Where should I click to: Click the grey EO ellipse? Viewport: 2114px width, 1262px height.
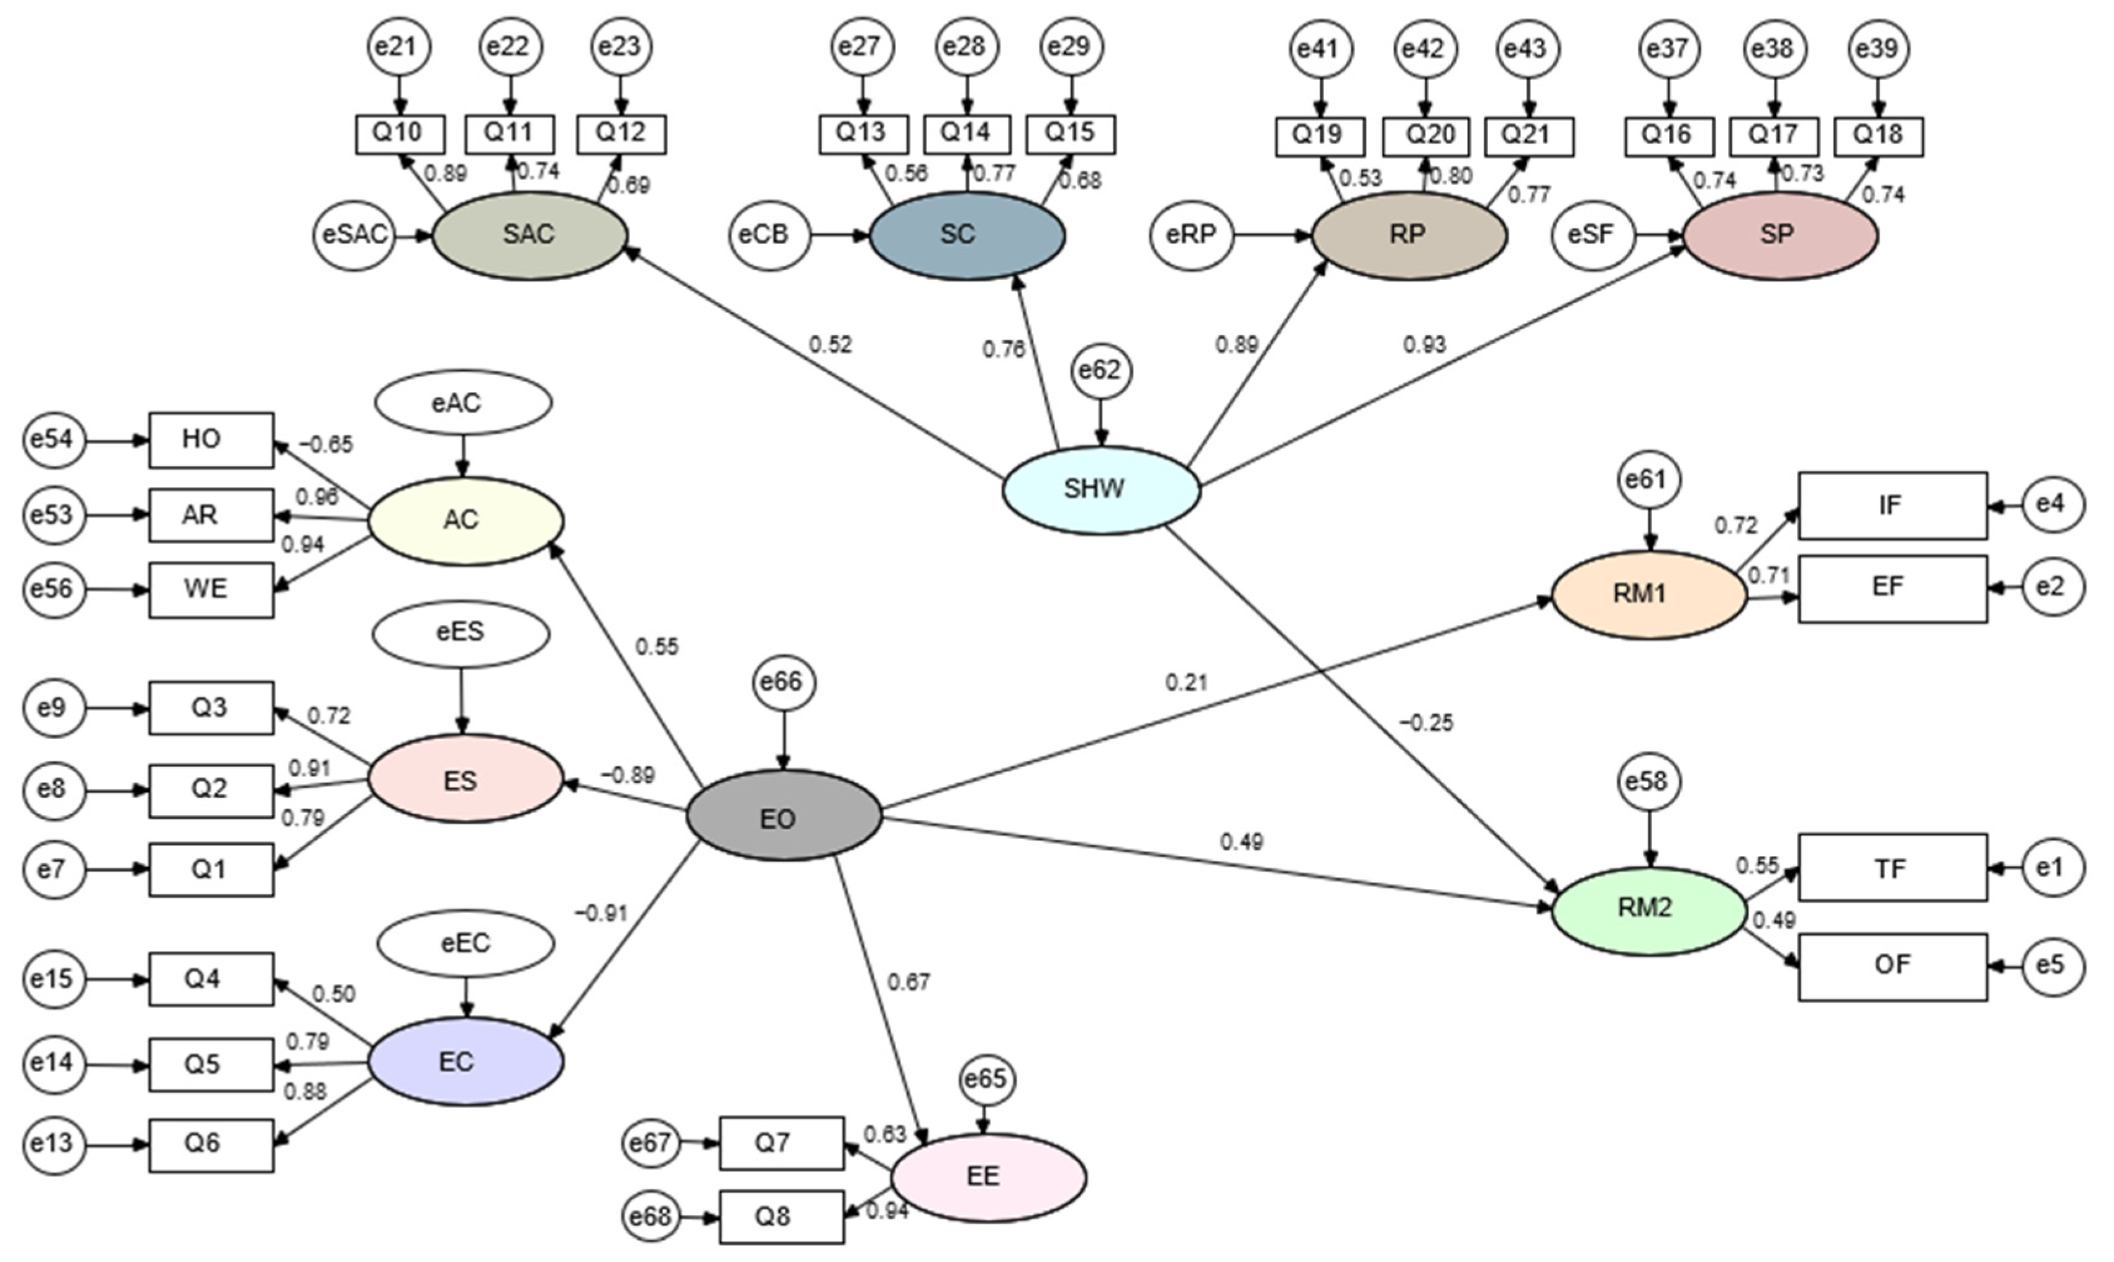[783, 816]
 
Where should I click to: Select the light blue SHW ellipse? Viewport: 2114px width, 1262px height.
[1101, 490]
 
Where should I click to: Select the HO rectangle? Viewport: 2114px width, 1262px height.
[211, 439]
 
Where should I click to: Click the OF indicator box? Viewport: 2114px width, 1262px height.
[1892, 966]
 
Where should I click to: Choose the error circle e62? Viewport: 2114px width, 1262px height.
[1101, 372]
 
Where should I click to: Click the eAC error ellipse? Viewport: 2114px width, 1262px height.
[463, 402]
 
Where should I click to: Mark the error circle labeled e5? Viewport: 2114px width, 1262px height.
[2053, 966]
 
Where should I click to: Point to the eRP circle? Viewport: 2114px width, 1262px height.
[1191, 235]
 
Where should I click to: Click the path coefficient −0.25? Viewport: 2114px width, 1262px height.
[1426, 723]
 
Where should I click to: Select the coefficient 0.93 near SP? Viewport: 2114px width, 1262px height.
[1424, 344]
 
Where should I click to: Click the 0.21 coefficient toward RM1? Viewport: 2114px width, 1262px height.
[1186, 682]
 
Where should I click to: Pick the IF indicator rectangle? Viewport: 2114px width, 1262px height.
[1892, 506]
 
